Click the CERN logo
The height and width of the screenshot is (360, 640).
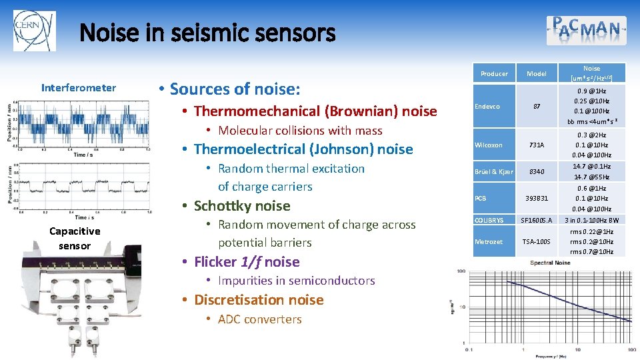coord(35,31)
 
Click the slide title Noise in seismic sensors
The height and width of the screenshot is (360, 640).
coord(207,33)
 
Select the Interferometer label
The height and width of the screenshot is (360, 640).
coord(79,88)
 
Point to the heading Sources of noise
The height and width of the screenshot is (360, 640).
coord(235,89)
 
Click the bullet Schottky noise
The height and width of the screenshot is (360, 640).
coord(242,206)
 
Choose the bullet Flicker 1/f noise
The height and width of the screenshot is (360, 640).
coord(247,262)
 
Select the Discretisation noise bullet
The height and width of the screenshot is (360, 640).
coord(259,300)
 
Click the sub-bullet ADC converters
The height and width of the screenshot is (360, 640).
coord(259,319)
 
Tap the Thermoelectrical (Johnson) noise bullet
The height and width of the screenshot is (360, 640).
coord(303,149)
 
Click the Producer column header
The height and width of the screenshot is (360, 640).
coord(494,74)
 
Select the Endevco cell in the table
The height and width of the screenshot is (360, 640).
coord(487,105)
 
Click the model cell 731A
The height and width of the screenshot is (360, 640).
coord(536,145)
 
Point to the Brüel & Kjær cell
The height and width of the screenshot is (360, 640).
coord(493,172)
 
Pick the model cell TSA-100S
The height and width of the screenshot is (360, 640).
coord(536,242)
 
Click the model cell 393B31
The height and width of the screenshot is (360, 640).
coord(536,199)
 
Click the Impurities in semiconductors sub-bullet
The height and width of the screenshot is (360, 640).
coord(297,281)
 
